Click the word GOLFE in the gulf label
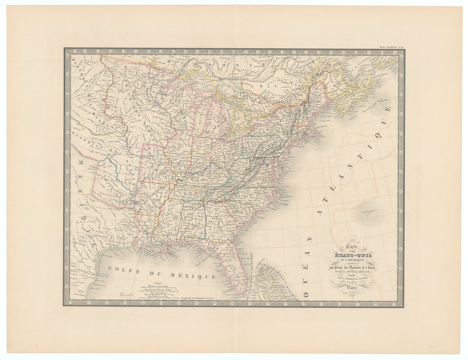click(121, 270)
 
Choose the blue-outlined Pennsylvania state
click(261, 146)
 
